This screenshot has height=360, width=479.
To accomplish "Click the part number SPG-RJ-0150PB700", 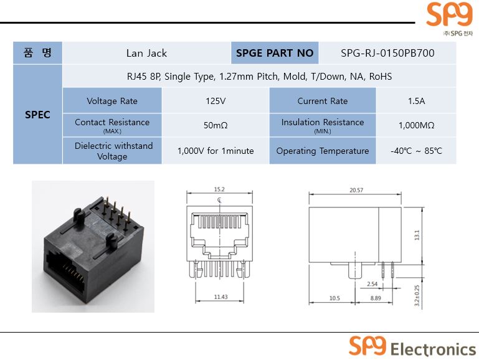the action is click(387, 53).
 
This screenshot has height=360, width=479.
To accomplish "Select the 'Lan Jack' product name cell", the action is click(146, 53).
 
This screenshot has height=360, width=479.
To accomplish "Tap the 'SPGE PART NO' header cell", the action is click(275, 53).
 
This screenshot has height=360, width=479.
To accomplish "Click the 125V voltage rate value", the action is click(216, 101).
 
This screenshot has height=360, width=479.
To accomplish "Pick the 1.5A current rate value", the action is click(416, 101).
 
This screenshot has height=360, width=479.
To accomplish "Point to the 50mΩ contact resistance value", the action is click(216, 125).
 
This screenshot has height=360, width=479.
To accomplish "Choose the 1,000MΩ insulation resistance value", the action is click(416, 125).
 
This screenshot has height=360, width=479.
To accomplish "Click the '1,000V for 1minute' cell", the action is click(216, 151).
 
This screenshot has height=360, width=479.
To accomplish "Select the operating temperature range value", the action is click(416, 151).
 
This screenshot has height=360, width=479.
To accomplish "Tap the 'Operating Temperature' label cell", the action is click(323, 151).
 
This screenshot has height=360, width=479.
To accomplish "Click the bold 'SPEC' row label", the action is click(37, 115).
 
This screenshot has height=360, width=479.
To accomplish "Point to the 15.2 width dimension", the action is click(219, 189).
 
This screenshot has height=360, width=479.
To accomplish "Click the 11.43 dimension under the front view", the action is click(221, 297).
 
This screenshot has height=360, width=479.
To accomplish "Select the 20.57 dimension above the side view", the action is click(356, 190).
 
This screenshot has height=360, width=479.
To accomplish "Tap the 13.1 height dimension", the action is click(417, 235).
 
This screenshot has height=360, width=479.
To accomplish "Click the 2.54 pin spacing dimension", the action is click(372, 284).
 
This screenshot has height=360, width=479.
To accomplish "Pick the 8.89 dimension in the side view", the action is click(376, 298).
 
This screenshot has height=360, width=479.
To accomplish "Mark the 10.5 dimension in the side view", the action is click(334, 298).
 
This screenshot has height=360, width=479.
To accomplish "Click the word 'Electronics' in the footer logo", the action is click(433, 349).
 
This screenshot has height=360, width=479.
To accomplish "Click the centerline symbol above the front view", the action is click(219, 201).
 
